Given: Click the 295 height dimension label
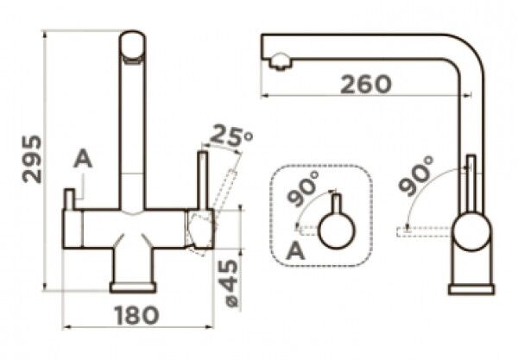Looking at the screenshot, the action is point(32,159).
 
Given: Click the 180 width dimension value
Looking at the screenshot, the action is point(136,315).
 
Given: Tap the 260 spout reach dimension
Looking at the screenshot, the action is point(366,84).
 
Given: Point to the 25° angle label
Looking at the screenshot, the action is point(231,135).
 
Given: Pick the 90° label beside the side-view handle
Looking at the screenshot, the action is point(416,176).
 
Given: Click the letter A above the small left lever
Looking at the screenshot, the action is point(83,159).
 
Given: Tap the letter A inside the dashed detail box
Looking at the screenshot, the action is point(295,251).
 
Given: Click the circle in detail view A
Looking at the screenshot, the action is point(337,231).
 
